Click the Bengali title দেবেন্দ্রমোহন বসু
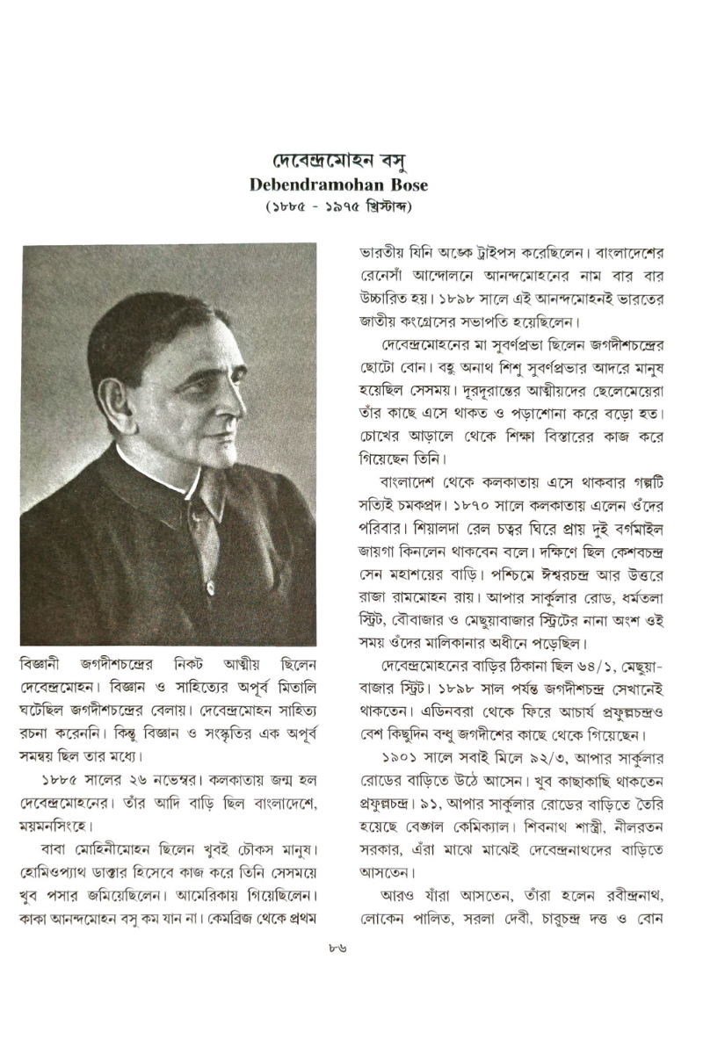pyautogui.click(x=351, y=163)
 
